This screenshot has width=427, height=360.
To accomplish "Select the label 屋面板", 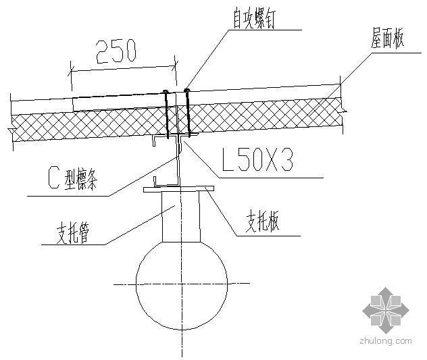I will tap(387, 41).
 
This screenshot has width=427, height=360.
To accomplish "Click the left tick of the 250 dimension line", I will tap(71, 68).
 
